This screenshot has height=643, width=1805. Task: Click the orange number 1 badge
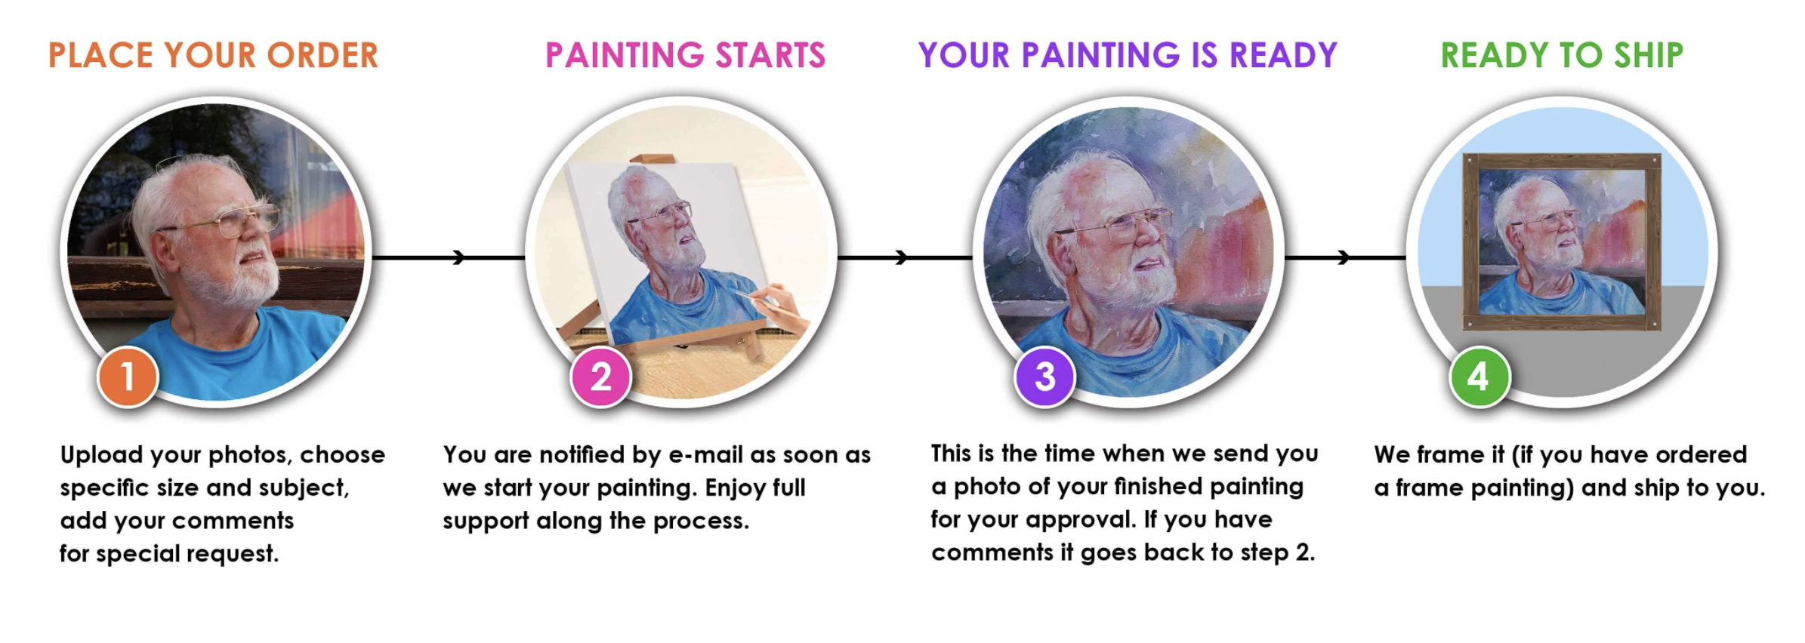(128, 377)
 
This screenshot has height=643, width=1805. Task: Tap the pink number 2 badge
(600, 377)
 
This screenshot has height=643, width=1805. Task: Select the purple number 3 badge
(1044, 377)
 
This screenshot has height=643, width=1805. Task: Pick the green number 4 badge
(1479, 377)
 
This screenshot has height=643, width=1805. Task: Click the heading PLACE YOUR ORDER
(213, 56)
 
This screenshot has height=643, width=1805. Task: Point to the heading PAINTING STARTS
(685, 56)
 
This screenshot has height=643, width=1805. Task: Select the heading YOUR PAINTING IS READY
(1128, 56)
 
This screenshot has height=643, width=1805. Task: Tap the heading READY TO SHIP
(1562, 56)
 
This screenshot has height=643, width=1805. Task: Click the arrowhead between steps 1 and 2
(458, 258)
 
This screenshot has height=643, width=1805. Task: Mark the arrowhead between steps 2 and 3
(900, 258)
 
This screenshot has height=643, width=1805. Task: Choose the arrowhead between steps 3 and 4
(1343, 258)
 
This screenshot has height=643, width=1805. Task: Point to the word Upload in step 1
(101, 455)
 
